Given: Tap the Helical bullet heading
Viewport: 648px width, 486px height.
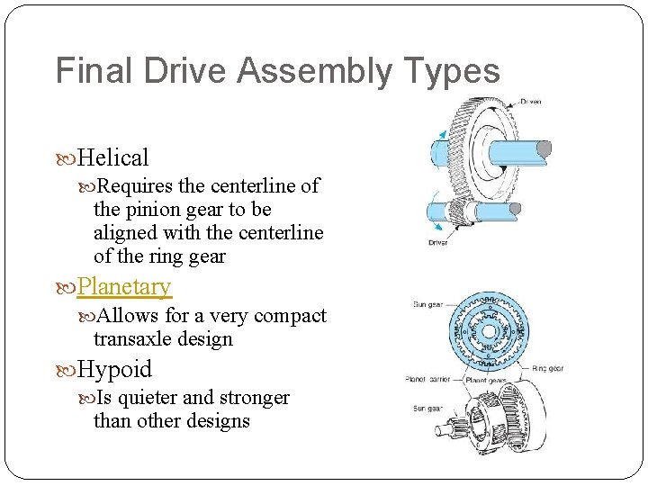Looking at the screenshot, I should click(x=113, y=158).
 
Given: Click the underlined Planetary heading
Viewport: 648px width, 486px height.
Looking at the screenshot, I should click(x=124, y=287).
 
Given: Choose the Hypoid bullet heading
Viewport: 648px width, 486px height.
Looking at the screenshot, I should click(x=115, y=370).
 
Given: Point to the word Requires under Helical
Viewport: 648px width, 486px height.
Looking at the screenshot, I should click(x=136, y=186).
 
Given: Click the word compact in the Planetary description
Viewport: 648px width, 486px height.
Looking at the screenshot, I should click(x=290, y=316).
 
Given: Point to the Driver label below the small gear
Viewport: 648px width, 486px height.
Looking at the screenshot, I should click(x=438, y=242).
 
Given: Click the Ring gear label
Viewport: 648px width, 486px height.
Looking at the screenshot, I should click(x=549, y=368).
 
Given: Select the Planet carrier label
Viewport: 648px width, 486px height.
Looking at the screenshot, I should click(x=427, y=379).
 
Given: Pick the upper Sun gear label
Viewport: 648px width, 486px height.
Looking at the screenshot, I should click(x=428, y=305).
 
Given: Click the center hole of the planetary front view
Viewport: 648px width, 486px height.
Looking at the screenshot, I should click(x=487, y=332).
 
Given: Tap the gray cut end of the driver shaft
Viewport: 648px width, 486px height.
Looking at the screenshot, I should click(x=514, y=210).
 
